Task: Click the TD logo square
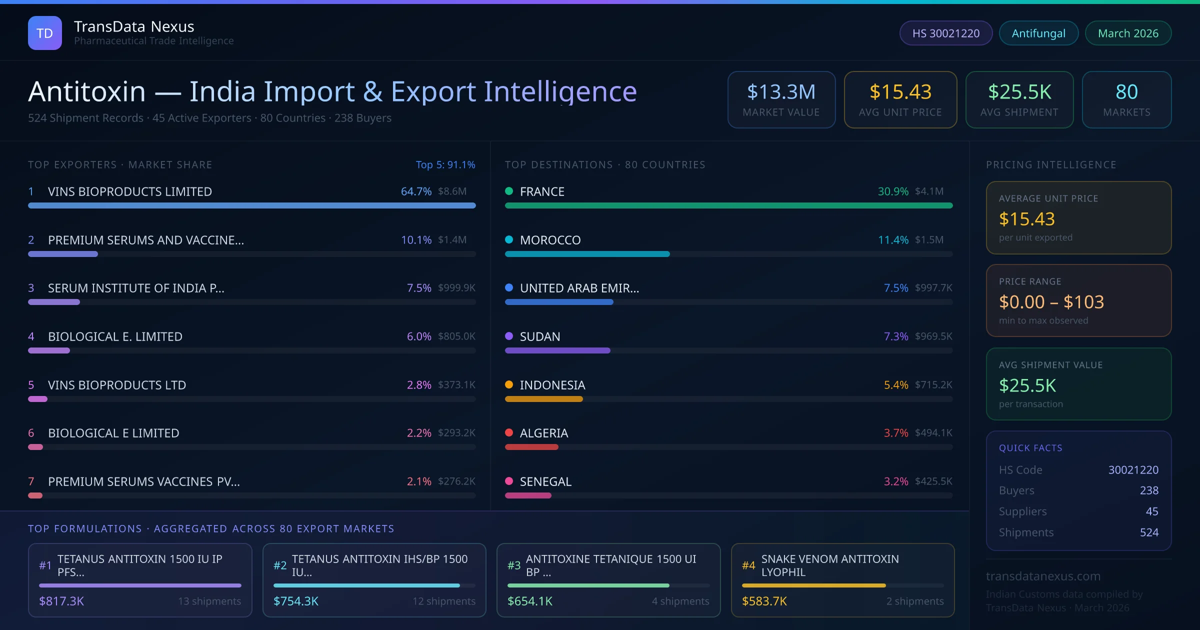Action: coord(45,33)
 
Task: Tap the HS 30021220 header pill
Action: coord(945,33)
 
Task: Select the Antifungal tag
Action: coord(1038,33)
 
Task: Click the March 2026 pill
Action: coord(1127,33)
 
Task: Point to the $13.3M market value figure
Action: coord(781,91)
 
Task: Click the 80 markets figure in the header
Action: coord(1126,91)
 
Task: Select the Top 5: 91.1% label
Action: coord(445,164)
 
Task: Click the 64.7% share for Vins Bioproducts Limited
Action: coord(416,191)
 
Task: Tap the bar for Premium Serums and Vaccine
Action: coord(63,254)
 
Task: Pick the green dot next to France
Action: coord(509,191)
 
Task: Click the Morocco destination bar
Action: coord(587,254)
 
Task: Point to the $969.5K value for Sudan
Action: coord(933,336)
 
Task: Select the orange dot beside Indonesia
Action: coord(509,384)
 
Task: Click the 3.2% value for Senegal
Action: coord(895,481)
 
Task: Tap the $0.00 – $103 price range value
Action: coord(1051,302)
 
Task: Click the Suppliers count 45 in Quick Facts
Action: coord(1151,511)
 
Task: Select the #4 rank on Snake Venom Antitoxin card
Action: coord(748,565)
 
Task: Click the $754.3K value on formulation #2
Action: coord(296,601)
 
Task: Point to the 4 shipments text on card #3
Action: coord(680,601)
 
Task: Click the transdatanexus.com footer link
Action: coord(1043,576)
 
